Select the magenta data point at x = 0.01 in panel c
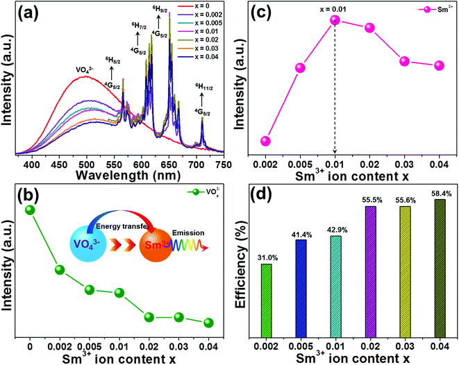[x=335, y=21]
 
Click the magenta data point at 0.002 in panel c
[x=265, y=141]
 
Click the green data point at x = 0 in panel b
[x=30, y=210]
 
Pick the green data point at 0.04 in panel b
[x=208, y=323]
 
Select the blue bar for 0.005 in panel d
[x=300, y=287]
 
